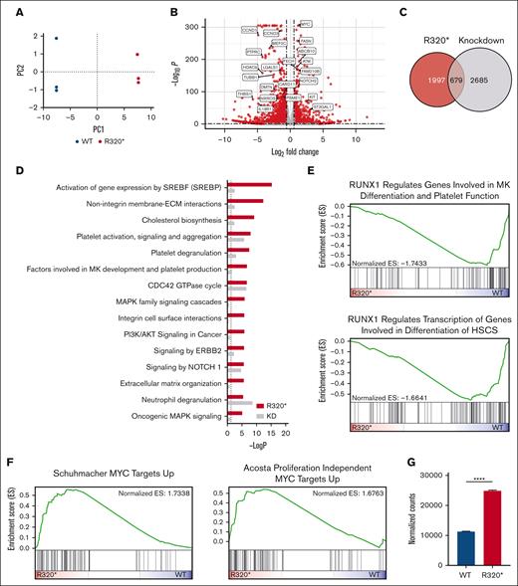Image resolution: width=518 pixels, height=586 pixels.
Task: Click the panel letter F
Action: tap(7, 461)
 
